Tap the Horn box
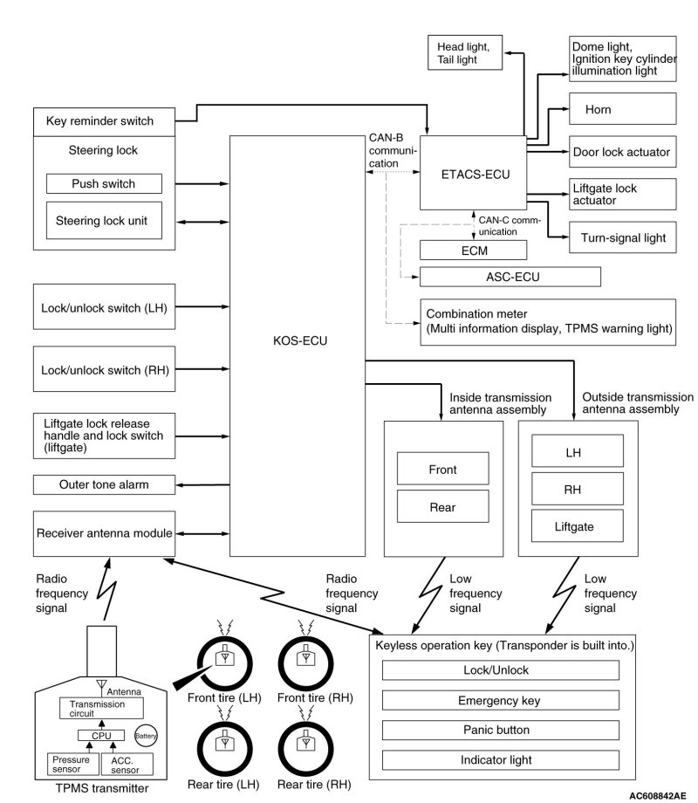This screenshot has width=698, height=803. click(x=623, y=110)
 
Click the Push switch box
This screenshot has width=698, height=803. click(x=104, y=184)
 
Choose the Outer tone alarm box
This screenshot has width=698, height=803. click(x=104, y=484)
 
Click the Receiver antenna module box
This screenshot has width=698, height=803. click(x=104, y=532)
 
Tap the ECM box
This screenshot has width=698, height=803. click(x=474, y=250)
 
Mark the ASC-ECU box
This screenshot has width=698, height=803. click(x=510, y=277)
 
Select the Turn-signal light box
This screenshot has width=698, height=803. click(x=623, y=237)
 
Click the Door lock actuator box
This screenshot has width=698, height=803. click(x=623, y=152)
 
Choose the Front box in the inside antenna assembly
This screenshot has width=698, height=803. click(x=442, y=470)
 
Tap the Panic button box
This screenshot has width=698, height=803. click(x=501, y=730)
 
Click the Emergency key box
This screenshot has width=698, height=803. click(x=501, y=700)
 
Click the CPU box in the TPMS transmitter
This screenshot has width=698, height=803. click(x=103, y=735)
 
